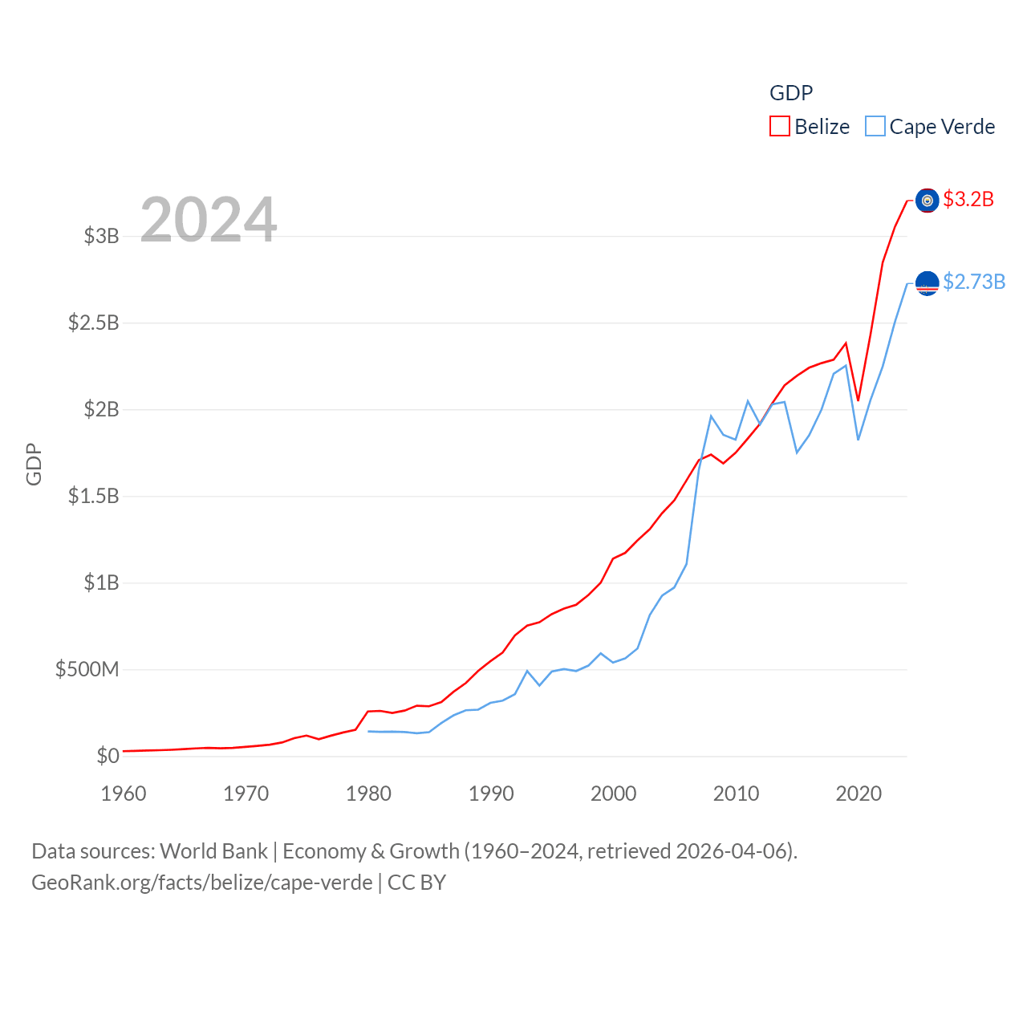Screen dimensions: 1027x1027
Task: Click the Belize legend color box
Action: tap(779, 127)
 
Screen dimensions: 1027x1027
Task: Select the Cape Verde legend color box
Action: tap(875, 127)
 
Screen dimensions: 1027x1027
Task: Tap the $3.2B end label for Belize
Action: tap(968, 199)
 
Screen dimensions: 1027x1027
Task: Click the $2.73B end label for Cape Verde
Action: tap(974, 282)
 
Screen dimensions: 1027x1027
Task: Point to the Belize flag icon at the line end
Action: tap(927, 201)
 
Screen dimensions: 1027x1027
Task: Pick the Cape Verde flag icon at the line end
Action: tap(927, 283)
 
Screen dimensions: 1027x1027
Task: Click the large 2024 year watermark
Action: tap(209, 219)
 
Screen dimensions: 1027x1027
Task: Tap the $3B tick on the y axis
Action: tap(101, 236)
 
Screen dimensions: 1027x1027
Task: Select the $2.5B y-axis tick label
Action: tap(93, 323)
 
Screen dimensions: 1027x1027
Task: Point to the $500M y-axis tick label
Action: tap(87, 669)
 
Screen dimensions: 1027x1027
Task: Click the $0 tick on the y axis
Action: tap(108, 756)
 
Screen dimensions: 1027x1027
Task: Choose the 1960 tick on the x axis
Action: tap(124, 794)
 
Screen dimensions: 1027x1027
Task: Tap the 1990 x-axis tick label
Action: tap(491, 794)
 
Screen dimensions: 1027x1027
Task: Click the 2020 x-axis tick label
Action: tap(859, 794)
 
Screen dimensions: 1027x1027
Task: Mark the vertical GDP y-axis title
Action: tap(34, 464)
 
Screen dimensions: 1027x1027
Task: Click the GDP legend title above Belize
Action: tap(791, 93)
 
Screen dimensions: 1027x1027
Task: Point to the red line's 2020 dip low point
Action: tap(858, 400)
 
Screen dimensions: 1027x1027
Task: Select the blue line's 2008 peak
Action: tap(711, 416)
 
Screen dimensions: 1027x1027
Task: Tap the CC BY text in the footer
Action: tap(416, 883)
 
